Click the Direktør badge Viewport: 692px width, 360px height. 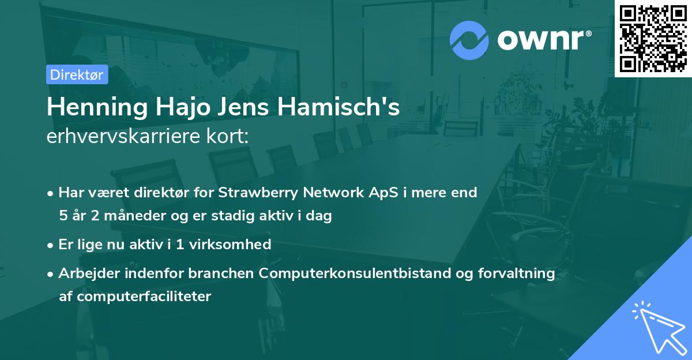(77, 75)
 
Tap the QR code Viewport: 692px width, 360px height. (653, 38)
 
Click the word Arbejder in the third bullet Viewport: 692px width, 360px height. (84, 273)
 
